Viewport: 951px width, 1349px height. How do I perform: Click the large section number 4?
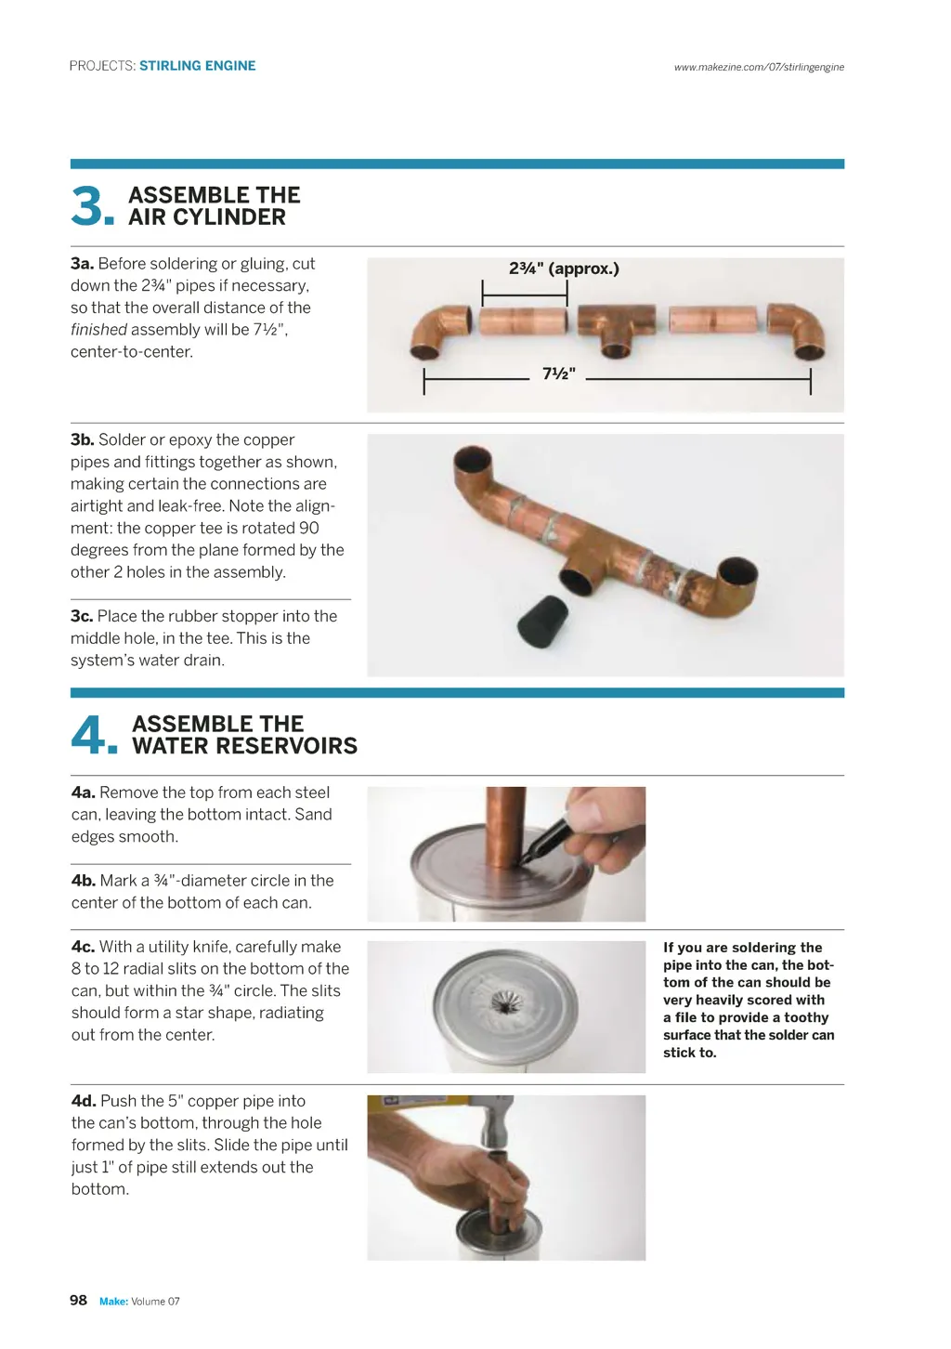pyautogui.click(x=91, y=735)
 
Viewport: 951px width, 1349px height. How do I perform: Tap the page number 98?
pyautogui.click(x=79, y=1300)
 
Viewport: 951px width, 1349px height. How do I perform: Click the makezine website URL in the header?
pyautogui.click(x=759, y=67)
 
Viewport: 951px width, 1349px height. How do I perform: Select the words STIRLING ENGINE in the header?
pyautogui.click(x=198, y=66)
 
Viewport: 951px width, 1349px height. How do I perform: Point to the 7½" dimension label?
pyautogui.click(x=559, y=373)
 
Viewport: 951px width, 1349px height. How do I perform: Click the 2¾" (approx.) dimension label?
pyautogui.click(x=564, y=268)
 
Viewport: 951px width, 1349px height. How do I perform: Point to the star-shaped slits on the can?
pyautogui.click(x=510, y=1003)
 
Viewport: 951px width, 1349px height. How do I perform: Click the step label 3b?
pyautogui.click(x=82, y=439)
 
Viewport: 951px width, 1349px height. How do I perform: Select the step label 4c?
pyautogui.click(x=83, y=947)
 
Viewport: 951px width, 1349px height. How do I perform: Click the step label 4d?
pyautogui.click(x=84, y=1101)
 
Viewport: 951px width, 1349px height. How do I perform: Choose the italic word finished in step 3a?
pyautogui.click(x=98, y=330)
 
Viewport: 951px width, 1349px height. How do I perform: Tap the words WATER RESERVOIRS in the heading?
pyautogui.click(x=245, y=746)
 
